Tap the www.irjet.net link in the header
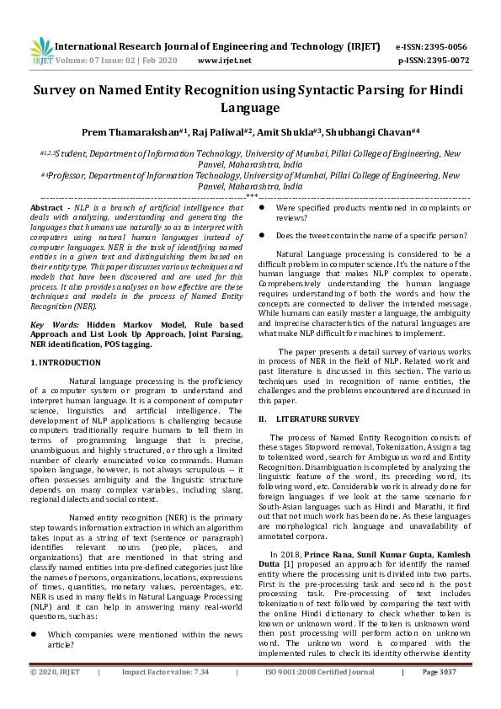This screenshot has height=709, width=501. [x=224, y=61]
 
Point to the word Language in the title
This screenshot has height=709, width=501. [x=249, y=108]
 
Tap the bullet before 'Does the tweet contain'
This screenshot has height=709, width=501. [x=262, y=236]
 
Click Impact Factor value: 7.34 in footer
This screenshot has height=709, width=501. [x=165, y=696]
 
